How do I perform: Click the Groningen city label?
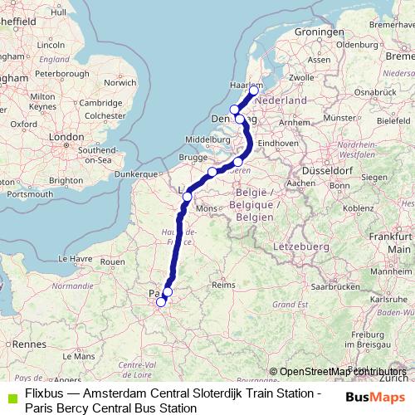pos(307,32)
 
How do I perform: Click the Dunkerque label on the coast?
pos(136,174)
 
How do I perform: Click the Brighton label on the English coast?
pos(66,179)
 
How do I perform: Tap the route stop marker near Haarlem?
pos(255,90)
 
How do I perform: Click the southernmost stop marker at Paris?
pos(161,303)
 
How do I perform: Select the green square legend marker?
pos(10,393)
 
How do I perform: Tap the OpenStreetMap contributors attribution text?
pos(344,372)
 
